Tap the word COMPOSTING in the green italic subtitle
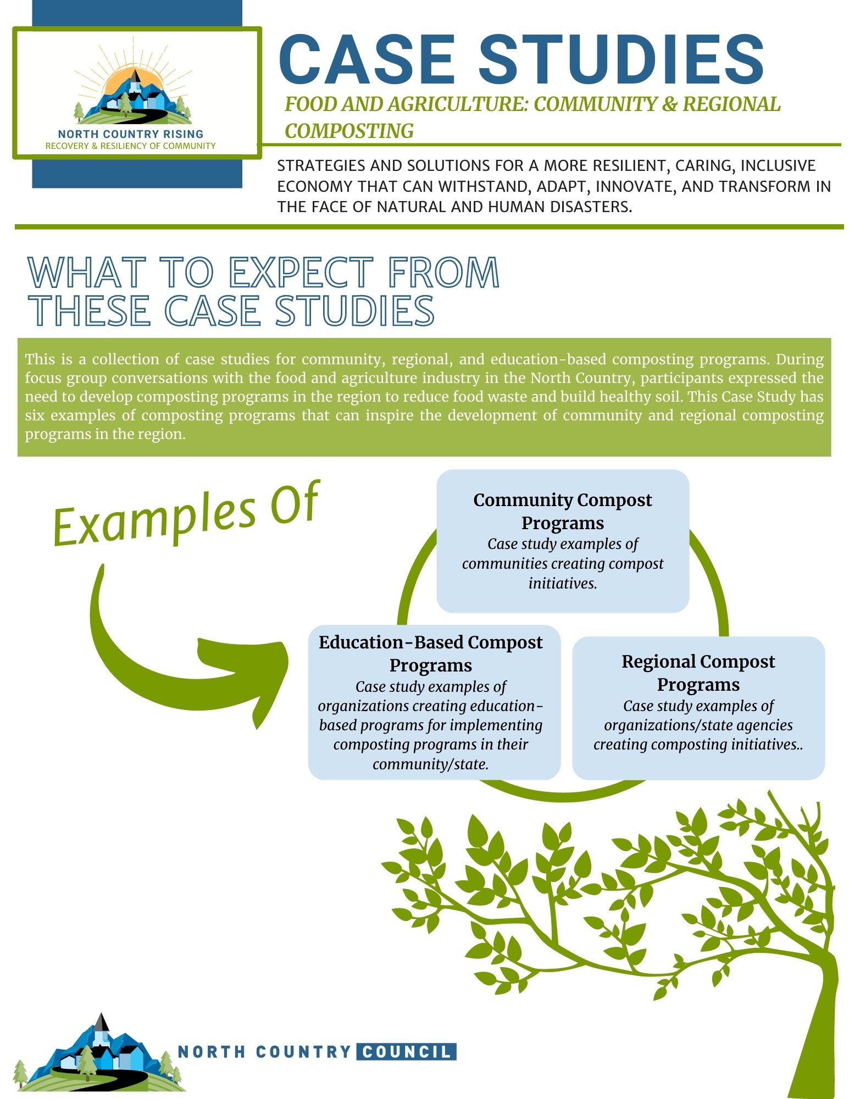(349, 131)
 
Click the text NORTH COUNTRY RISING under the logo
(131, 134)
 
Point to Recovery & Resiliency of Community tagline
(131, 146)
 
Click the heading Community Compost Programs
(563, 511)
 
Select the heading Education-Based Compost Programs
(431, 653)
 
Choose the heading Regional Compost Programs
(698, 673)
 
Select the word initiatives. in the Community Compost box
(563, 584)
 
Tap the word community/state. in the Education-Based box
(431, 764)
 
